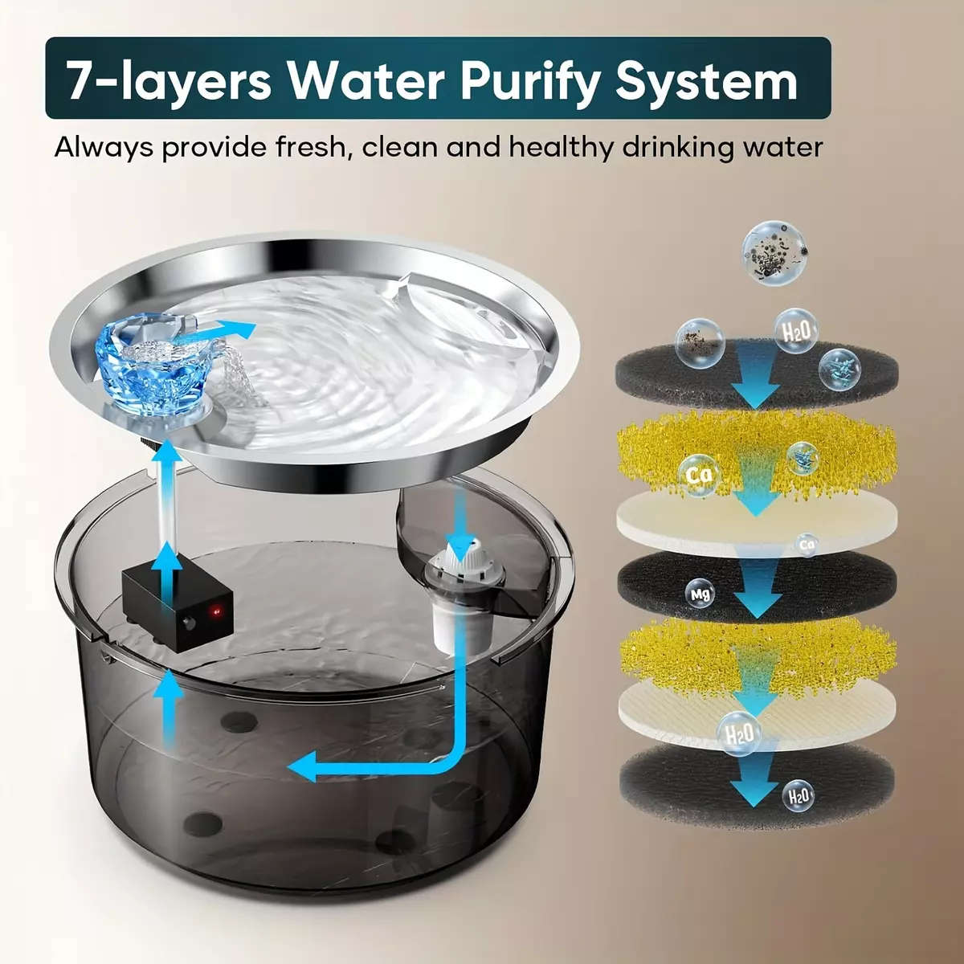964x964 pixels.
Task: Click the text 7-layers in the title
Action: [168, 80]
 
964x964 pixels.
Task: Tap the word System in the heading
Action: [706, 81]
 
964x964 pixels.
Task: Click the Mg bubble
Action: [700, 594]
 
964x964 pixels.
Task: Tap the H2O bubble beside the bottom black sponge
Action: [797, 795]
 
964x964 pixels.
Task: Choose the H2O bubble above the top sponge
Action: [796, 332]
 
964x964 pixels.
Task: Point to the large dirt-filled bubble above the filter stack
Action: [774, 252]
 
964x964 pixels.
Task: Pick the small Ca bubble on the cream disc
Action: [807, 545]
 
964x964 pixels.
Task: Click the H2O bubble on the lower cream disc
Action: [739, 734]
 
